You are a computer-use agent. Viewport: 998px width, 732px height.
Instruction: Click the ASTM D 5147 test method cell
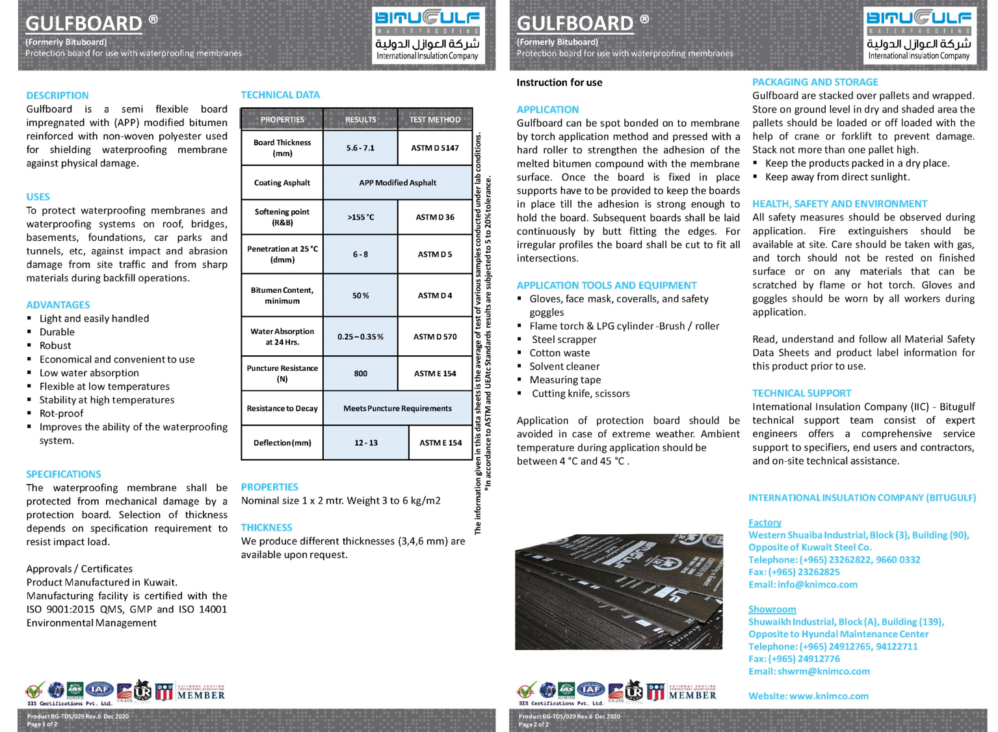coord(434,148)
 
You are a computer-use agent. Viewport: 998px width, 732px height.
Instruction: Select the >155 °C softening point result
coord(360,217)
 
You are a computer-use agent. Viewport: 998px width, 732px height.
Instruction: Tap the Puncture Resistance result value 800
coord(360,373)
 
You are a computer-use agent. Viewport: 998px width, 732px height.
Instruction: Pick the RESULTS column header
coord(360,120)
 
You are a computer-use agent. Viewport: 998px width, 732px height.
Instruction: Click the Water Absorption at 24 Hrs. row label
coord(282,337)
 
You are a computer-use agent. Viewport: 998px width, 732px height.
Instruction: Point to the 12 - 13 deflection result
coord(365,443)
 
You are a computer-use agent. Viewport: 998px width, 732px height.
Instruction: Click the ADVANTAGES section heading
coord(58,305)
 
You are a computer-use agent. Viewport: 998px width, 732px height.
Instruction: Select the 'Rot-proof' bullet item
coord(61,413)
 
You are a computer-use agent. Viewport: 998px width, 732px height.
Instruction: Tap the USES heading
coord(38,197)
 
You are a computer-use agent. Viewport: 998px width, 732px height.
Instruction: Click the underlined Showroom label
coord(772,609)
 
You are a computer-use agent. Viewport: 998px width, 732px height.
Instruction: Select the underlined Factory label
coord(765,522)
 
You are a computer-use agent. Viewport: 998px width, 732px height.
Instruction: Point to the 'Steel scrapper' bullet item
coord(564,340)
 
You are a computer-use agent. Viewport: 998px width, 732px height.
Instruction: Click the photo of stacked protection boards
coord(618,592)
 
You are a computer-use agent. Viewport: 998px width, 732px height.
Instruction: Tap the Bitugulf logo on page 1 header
coord(427,35)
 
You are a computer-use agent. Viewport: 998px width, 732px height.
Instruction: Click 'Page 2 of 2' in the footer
coord(533,724)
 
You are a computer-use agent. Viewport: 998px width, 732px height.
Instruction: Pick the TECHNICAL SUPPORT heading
coord(801,393)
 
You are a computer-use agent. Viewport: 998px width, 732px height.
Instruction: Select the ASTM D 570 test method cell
coord(434,337)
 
